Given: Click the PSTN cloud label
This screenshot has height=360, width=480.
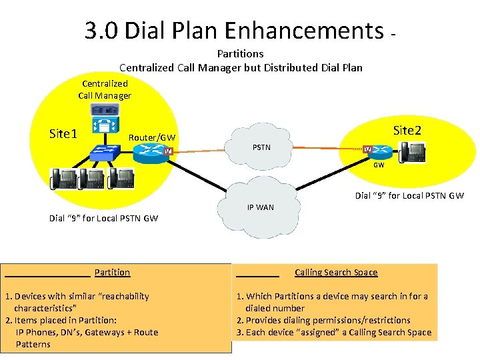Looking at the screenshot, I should (x=261, y=147).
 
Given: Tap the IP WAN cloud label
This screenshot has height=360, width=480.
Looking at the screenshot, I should (x=260, y=207).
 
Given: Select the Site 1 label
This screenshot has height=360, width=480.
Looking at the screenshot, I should (x=63, y=133).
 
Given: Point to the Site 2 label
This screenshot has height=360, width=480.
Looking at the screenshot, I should (x=407, y=130).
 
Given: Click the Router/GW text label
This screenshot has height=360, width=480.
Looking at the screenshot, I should (x=152, y=137).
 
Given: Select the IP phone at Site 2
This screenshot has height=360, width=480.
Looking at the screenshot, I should (x=411, y=152).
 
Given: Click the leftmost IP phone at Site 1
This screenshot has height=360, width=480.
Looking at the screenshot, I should (x=64, y=179).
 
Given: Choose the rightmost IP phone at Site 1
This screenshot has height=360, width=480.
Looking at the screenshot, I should (x=120, y=178).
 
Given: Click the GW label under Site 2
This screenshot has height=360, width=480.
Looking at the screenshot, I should (x=378, y=165).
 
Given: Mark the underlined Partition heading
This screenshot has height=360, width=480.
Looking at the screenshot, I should (x=112, y=272).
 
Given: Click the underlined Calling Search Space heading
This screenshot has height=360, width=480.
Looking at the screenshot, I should (x=336, y=272).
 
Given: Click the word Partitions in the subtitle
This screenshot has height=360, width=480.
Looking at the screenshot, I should (x=240, y=53).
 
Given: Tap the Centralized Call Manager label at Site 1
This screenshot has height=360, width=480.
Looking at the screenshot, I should (x=105, y=89).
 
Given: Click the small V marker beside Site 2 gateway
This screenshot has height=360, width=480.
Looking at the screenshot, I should (x=367, y=149).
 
